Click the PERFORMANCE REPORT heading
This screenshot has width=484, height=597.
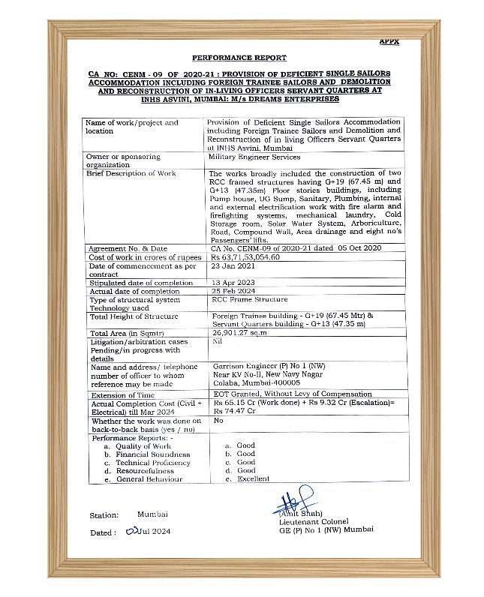coord(239,57)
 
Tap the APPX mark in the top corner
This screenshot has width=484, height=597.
coord(389,42)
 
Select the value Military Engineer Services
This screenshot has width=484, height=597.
coord(254,157)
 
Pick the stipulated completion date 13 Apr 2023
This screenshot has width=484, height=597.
coord(235,283)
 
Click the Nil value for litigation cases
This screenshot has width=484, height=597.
coord(217,340)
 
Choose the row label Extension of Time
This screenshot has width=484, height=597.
coord(122,395)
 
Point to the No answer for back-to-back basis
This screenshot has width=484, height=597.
coord(218,421)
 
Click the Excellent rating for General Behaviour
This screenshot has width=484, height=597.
coord(254,479)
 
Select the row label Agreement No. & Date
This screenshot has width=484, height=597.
coord(128,248)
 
